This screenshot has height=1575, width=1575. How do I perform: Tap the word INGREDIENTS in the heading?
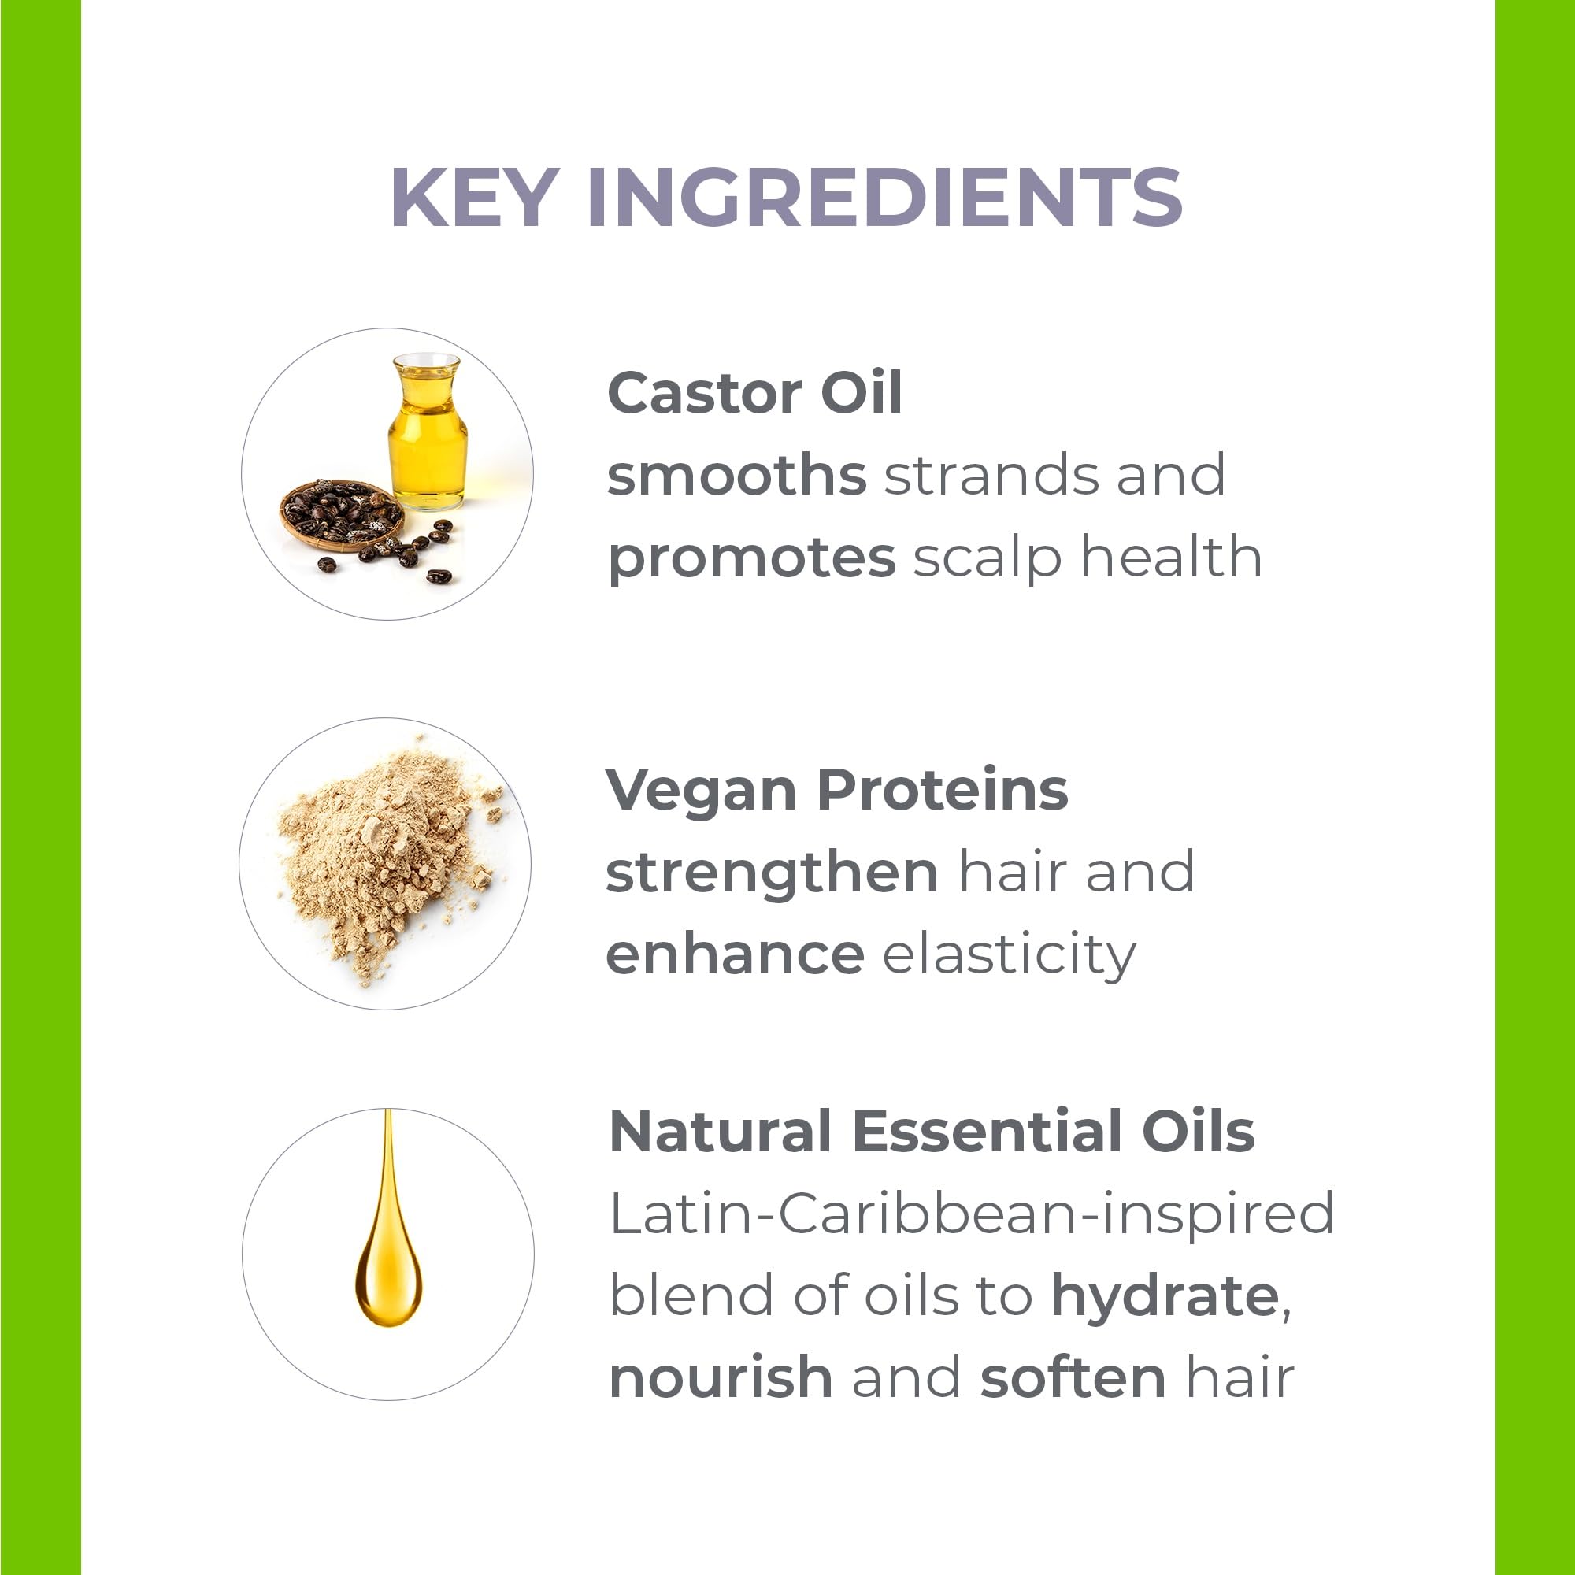(x=884, y=198)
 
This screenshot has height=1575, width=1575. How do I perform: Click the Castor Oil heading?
(x=755, y=393)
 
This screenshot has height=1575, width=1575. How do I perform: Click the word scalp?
(x=988, y=558)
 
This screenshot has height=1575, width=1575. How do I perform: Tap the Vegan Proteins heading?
(x=836, y=791)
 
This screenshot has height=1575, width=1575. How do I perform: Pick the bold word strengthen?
(x=772, y=874)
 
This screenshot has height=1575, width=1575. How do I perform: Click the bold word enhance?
(x=736, y=954)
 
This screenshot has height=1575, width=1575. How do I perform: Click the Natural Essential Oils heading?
(x=932, y=1132)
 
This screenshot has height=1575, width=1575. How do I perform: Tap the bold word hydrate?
(x=1165, y=1298)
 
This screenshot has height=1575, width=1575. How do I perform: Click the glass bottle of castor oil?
(x=428, y=432)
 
